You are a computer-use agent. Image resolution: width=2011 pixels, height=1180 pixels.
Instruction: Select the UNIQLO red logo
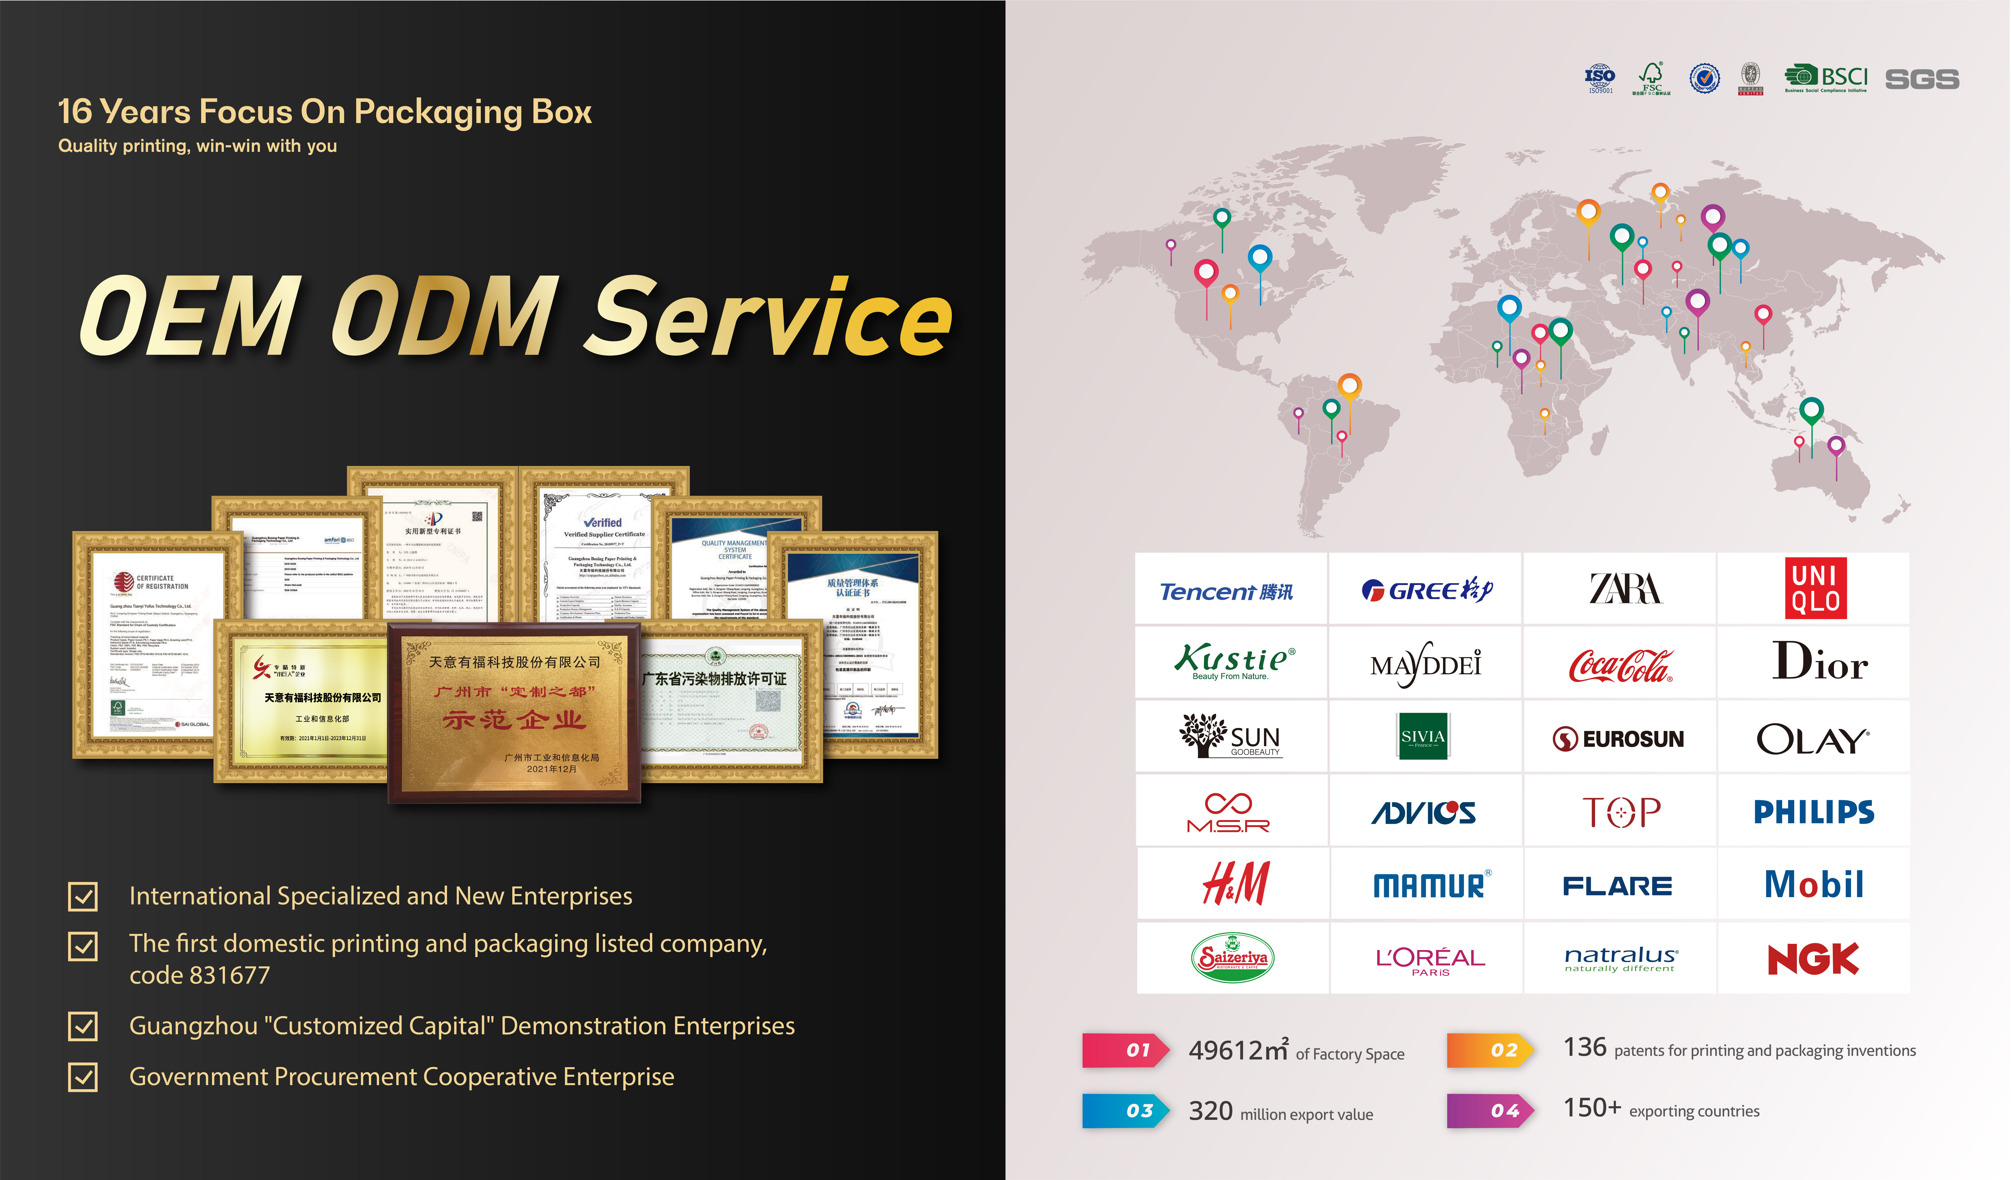[x=1816, y=588]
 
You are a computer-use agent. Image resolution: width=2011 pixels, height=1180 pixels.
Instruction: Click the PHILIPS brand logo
[x=1813, y=811]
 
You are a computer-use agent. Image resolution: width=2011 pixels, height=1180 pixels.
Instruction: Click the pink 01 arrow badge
[x=1125, y=1050]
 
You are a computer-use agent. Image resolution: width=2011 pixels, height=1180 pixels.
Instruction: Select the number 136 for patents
[x=1584, y=1047]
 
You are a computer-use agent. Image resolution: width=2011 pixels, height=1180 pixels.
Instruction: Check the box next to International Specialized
[x=83, y=896]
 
